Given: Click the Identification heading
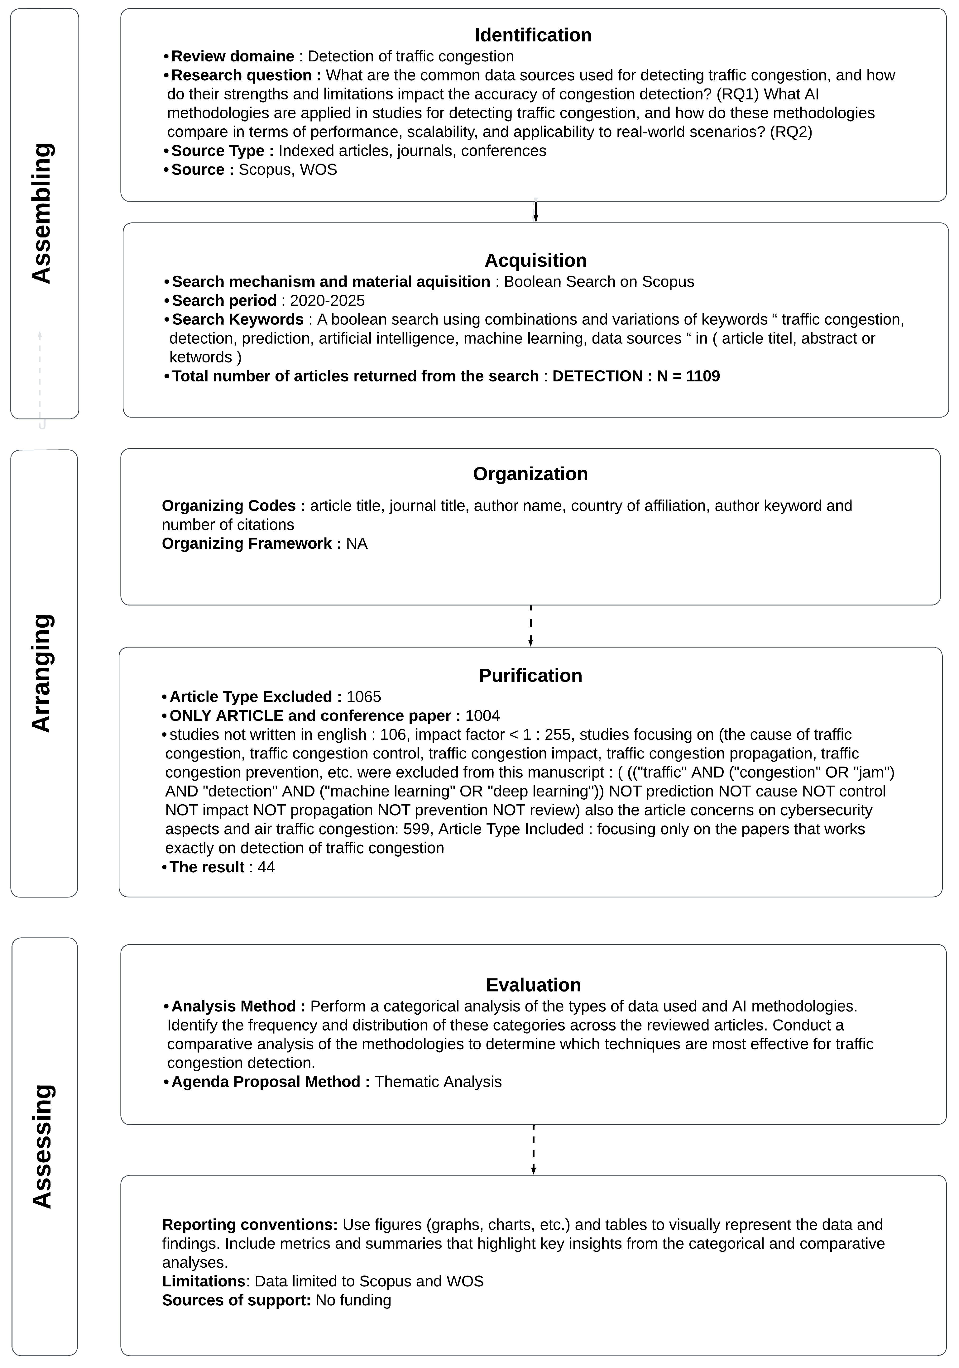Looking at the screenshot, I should point(533,35).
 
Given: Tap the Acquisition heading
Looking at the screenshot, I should point(535,261).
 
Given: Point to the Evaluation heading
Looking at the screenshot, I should point(533,985).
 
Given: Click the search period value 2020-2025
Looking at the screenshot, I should point(327,300).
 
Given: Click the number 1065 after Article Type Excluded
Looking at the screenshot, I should point(364,696).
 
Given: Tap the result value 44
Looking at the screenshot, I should point(266,867).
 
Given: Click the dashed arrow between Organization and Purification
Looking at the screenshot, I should point(530,626).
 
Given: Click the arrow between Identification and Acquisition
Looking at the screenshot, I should point(535,212).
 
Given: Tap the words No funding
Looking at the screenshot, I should point(353,1300).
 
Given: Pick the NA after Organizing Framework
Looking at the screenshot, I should point(357,543).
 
